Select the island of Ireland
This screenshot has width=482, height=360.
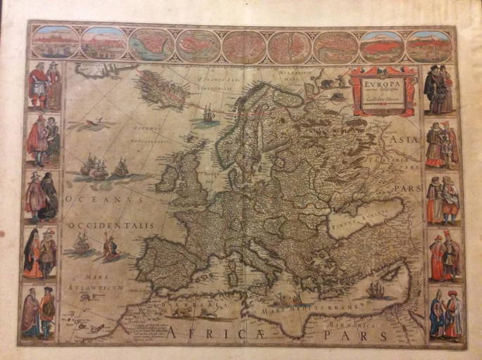(167, 179)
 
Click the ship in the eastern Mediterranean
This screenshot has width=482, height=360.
(376, 288)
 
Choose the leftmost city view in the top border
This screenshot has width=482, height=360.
(56, 44)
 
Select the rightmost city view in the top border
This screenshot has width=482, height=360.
(429, 46)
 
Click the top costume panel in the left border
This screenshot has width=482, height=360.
(44, 86)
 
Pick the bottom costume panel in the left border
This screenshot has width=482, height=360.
(39, 310)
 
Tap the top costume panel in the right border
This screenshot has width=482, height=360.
(440, 89)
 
